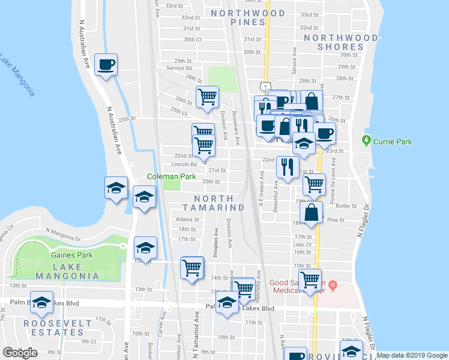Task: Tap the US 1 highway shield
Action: [264, 86]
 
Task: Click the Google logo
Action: [20, 353]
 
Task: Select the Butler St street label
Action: [346, 205]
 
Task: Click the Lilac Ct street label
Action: [303, 245]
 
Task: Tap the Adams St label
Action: [187, 220]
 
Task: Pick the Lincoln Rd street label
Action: [184, 164]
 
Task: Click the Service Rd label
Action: [179, 68]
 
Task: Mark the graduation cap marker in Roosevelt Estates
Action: [41, 303]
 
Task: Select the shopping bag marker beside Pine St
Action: [311, 212]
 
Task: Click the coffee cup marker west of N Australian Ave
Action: [106, 65]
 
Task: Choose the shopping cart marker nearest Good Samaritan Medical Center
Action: [310, 280]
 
